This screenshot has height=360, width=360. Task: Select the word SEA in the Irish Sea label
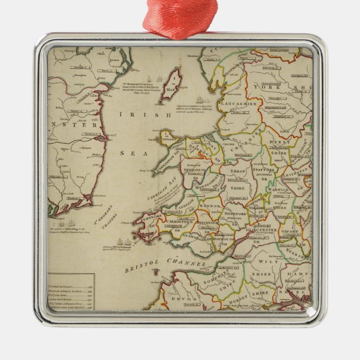[130, 152]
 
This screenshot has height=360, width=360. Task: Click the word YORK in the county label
[266, 87]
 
